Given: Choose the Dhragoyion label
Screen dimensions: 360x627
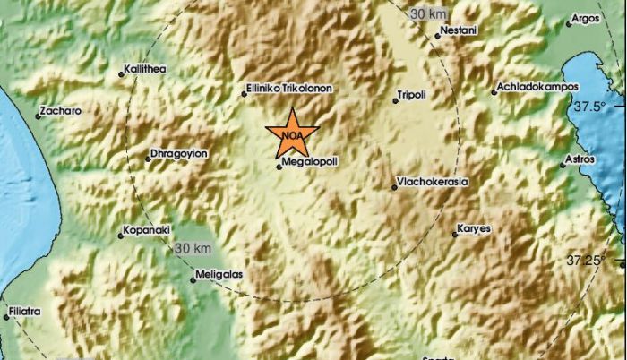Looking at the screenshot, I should click(179, 153).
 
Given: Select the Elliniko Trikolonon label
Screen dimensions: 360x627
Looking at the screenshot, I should click(288, 89).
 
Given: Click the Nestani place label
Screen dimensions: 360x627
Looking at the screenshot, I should click(460, 31).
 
